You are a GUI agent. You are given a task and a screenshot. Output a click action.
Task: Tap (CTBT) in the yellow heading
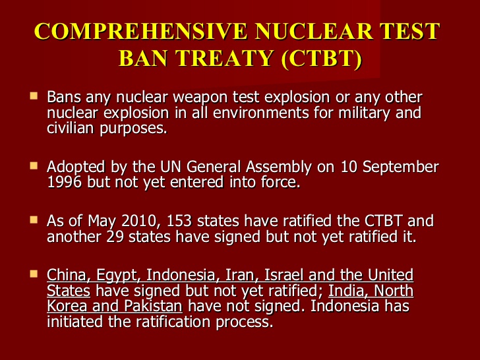pos(322,58)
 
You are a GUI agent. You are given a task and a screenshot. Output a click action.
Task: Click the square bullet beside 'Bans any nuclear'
pos(34,96)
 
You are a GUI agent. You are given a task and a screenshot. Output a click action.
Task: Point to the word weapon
pos(200,98)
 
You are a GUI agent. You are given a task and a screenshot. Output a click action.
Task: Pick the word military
pos(364,113)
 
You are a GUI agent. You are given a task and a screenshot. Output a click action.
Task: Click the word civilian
pos(71,128)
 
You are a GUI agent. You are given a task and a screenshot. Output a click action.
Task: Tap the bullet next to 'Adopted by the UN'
pos(34,166)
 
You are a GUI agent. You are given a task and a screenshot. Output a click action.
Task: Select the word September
pos(400,167)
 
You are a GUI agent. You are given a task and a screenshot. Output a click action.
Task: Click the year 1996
pos(65,182)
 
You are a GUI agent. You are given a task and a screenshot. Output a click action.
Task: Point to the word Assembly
pos(278,167)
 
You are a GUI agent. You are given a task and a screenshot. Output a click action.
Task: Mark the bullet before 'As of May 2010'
pos(34,220)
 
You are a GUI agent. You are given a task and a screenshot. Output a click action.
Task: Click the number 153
pos(179,221)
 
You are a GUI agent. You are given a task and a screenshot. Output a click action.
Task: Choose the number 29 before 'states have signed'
pos(115,237)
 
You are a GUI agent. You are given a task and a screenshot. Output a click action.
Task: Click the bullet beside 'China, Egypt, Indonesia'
pos(34,274)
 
